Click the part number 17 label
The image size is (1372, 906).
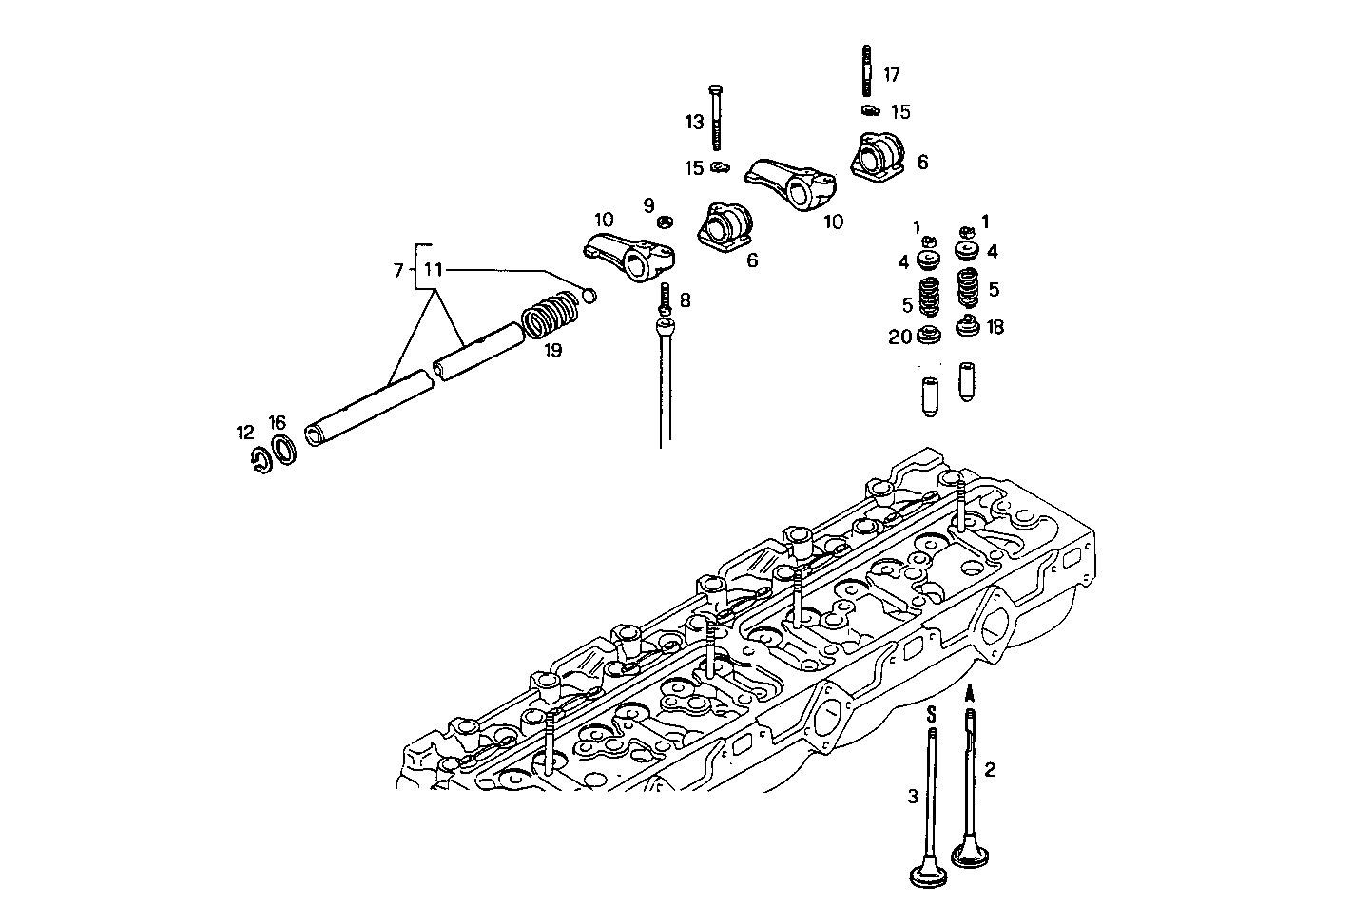891,74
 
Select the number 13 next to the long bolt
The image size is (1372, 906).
694,123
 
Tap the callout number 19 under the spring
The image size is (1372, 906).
552,350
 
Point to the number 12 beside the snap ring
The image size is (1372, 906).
245,433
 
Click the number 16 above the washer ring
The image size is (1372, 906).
277,422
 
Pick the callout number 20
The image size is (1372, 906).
899,337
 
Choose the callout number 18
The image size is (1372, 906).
995,326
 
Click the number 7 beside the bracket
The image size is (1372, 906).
398,271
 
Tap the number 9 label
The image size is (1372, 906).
648,204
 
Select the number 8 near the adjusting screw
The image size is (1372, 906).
685,300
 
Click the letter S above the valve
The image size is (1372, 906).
932,712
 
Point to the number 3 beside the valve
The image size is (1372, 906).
913,797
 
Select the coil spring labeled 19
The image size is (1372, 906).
551,313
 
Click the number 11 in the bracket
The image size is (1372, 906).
434,270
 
